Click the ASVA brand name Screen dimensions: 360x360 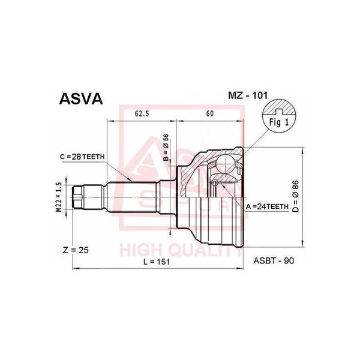(80, 98)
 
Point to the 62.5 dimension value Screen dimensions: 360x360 (142, 112)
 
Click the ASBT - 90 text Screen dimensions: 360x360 (274, 261)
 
